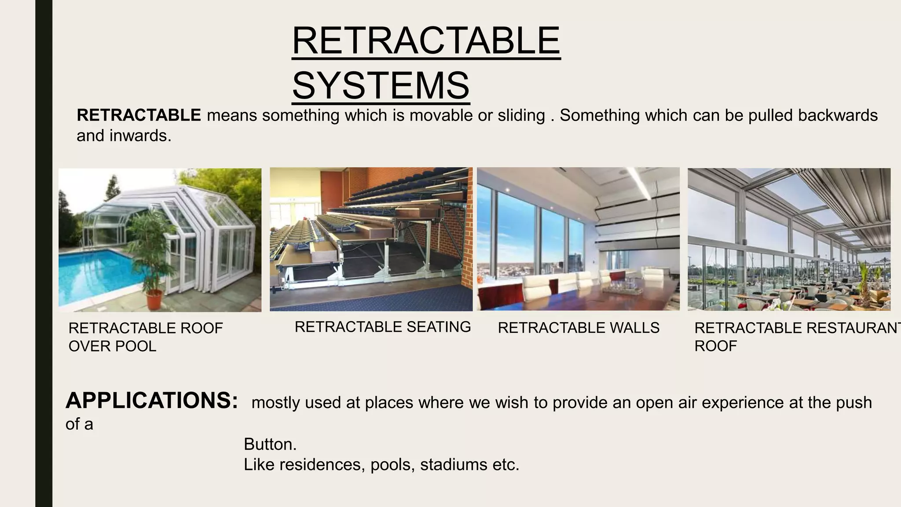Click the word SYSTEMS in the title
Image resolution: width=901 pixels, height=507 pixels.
(x=381, y=85)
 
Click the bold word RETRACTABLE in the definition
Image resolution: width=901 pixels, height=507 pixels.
(x=139, y=115)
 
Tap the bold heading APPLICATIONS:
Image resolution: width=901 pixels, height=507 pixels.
(x=152, y=400)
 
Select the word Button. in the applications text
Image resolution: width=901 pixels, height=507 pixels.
(x=270, y=444)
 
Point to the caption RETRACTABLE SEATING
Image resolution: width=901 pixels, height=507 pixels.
(x=383, y=327)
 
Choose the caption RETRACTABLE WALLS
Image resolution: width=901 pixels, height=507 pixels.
(x=579, y=328)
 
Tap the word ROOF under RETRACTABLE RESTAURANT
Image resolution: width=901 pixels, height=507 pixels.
(x=715, y=346)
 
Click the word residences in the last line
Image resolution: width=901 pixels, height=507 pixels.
(x=320, y=465)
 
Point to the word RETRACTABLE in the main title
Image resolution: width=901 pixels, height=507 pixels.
(x=426, y=40)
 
